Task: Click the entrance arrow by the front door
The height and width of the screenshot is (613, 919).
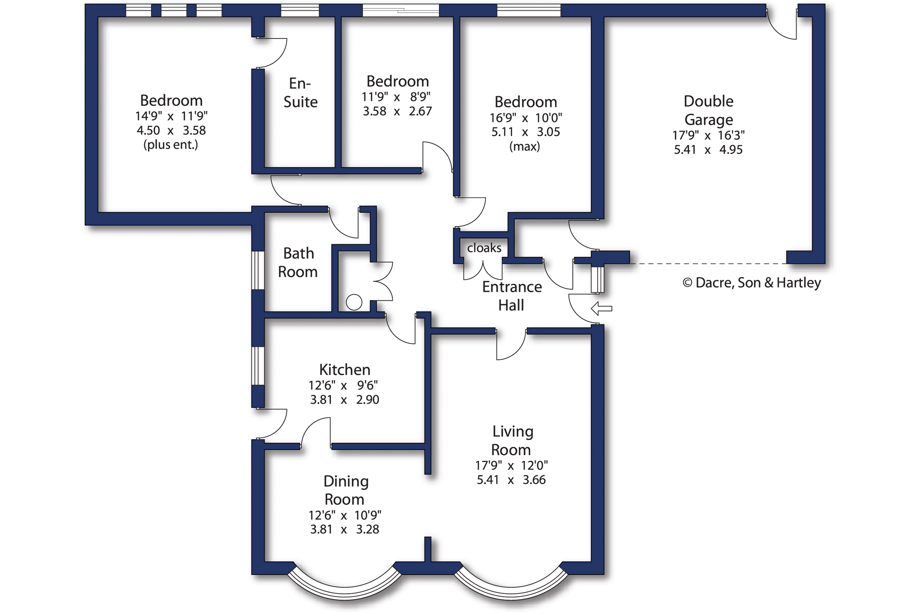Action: pyautogui.click(x=601, y=308)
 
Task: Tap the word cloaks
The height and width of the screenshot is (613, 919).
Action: pyautogui.click(x=484, y=248)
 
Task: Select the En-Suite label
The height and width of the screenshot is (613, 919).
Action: pyautogui.click(x=300, y=92)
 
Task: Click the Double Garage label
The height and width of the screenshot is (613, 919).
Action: pyautogui.click(x=708, y=110)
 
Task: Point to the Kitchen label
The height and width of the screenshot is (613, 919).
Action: pyautogui.click(x=345, y=369)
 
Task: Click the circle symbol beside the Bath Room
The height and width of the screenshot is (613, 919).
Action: pyautogui.click(x=354, y=302)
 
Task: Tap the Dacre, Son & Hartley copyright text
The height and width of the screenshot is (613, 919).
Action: pyautogui.click(x=752, y=282)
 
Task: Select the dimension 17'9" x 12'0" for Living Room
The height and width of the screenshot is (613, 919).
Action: pyautogui.click(x=511, y=465)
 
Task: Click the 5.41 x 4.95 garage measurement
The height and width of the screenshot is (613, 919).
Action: pyautogui.click(x=708, y=150)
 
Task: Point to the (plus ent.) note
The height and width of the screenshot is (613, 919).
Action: pyautogui.click(x=171, y=144)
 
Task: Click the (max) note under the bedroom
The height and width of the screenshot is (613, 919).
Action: pyautogui.click(x=525, y=147)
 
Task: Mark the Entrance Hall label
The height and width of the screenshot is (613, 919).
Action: pyautogui.click(x=512, y=296)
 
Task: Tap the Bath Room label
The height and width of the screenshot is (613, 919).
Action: pyautogui.click(x=298, y=262)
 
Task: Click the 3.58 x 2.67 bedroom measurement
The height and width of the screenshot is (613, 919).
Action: pyautogui.click(x=397, y=111)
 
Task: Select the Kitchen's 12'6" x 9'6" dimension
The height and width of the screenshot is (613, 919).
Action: pyautogui.click(x=343, y=385)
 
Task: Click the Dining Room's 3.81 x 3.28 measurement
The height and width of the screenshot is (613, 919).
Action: pyautogui.click(x=345, y=530)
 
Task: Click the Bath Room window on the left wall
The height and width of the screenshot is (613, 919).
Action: pyautogui.click(x=258, y=270)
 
